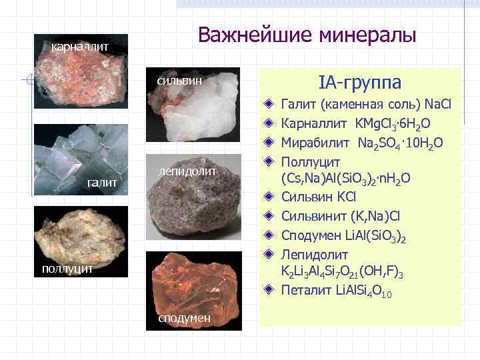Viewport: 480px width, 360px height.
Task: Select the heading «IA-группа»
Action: [x=360, y=83]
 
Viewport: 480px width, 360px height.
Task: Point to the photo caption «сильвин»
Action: [x=179, y=81]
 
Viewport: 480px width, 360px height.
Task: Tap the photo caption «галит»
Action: [x=103, y=182]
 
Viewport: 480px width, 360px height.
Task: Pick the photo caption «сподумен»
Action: [x=184, y=318]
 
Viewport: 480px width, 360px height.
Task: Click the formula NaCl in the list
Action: [x=437, y=105]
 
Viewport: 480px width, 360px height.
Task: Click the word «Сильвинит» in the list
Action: [x=315, y=216]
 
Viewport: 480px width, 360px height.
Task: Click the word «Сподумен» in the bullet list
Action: [x=313, y=235]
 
